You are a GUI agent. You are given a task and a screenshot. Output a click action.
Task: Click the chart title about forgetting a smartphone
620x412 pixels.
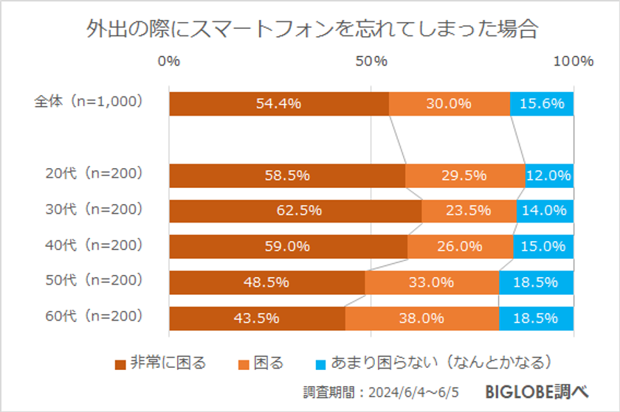(x=310, y=30)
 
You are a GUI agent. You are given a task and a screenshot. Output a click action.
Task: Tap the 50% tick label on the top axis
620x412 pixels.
(x=371, y=62)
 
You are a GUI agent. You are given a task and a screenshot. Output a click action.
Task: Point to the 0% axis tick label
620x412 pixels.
(x=169, y=62)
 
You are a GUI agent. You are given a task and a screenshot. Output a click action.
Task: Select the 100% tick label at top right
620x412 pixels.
(x=573, y=62)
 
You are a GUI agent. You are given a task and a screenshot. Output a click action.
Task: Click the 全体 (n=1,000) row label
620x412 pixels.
(x=89, y=102)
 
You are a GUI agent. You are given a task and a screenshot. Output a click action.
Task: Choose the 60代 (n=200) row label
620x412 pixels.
(x=93, y=317)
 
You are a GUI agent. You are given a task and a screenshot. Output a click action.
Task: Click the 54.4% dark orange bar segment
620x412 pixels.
(x=278, y=104)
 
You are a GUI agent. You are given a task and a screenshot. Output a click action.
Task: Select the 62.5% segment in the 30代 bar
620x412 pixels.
(x=295, y=211)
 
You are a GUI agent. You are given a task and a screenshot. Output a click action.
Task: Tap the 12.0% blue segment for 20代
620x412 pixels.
(x=549, y=175)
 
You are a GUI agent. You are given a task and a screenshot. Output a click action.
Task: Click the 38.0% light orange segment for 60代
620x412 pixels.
(x=421, y=318)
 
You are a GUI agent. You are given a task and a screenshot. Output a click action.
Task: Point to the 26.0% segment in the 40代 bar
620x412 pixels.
(x=460, y=247)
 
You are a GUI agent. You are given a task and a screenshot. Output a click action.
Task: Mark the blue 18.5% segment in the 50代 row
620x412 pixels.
(x=536, y=282)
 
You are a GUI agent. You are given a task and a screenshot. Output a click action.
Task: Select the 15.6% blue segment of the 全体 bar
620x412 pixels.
(x=542, y=104)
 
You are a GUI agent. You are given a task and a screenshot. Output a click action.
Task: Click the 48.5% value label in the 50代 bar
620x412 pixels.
(x=267, y=282)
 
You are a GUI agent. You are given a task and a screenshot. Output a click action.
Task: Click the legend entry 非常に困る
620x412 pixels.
(x=160, y=363)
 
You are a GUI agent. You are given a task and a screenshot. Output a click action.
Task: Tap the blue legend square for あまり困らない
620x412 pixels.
(x=320, y=363)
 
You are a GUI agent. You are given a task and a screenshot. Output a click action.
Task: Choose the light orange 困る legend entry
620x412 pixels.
(x=261, y=363)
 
